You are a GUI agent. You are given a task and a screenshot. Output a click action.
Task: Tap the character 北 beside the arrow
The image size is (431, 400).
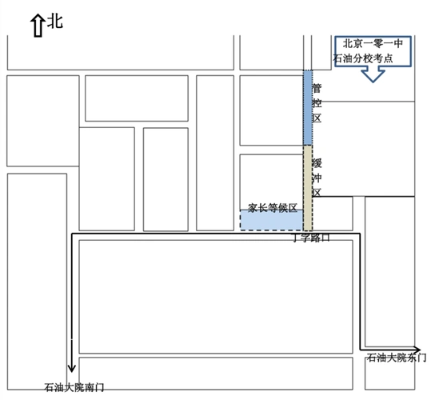tap(55, 22)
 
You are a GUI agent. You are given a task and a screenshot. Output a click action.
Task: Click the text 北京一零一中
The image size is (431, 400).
tap(373, 44)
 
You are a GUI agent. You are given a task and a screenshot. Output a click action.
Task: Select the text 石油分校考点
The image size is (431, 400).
tap(369, 58)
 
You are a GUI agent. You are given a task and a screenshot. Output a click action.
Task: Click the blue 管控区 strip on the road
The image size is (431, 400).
tap(308, 108)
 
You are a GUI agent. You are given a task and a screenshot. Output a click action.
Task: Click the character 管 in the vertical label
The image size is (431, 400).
tap(317, 88)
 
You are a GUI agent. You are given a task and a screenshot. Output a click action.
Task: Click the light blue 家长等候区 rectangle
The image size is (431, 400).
tap(271, 221)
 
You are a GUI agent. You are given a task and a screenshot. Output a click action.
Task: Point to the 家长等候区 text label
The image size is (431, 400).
tap(272, 207)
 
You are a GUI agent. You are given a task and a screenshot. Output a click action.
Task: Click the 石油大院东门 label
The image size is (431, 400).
tap(395, 358)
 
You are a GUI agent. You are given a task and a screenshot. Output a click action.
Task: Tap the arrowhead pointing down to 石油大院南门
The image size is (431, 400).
tap(73, 367)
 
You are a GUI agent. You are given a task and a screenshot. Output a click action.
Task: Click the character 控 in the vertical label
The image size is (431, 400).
tap(317, 102)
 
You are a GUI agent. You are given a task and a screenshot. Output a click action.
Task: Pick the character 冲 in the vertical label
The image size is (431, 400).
tap(317, 178)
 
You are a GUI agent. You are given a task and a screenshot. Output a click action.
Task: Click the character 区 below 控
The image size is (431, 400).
tap(317, 118)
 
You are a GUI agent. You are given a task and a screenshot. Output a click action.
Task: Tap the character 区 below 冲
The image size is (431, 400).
tap(317, 193)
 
